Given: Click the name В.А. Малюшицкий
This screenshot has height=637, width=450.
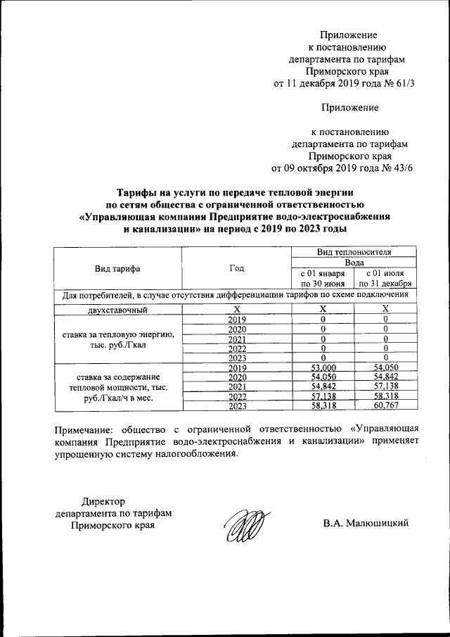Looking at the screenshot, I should pos(366,524).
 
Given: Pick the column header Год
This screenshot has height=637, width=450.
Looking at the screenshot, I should pos(237,269).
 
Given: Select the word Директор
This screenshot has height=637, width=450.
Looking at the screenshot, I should pos(103,500).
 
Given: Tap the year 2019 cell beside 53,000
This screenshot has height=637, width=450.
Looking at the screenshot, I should pos(237,367).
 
